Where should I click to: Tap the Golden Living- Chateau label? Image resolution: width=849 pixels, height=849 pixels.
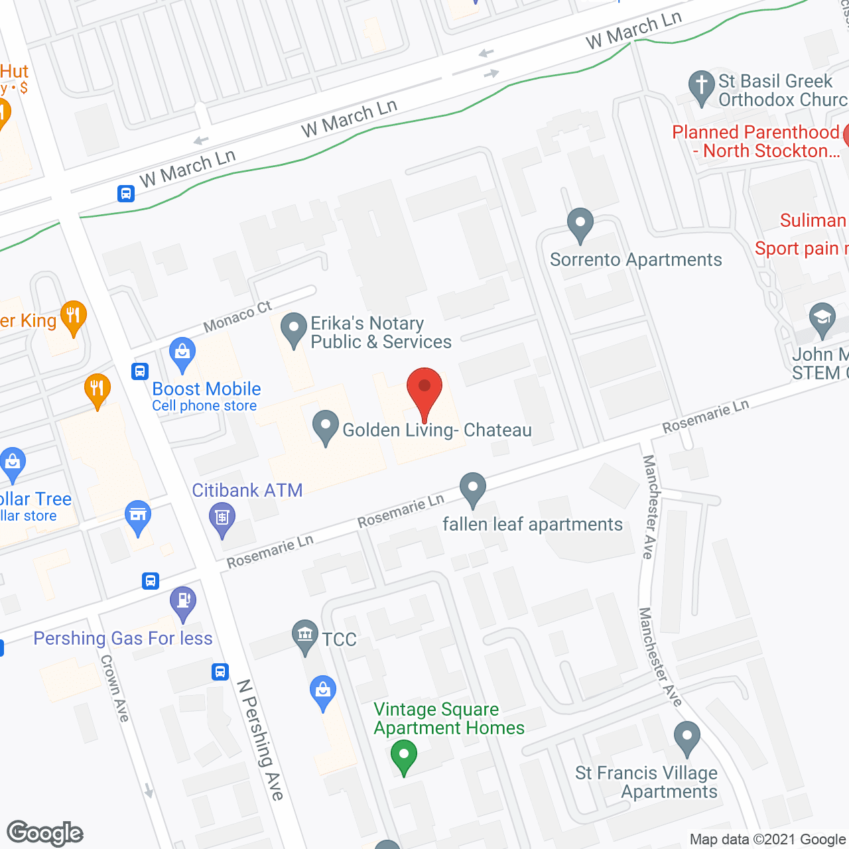tap(436, 430)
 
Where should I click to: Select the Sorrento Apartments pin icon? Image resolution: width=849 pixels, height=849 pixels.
tap(580, 225)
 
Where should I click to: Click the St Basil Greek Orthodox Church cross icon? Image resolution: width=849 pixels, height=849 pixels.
tap(701, 87)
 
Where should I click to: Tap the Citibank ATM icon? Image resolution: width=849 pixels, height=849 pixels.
tap(222, 517)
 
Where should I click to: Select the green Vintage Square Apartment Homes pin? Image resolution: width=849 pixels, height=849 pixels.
tap(403, 755)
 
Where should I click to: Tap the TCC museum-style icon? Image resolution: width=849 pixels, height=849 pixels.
tap(305, 635)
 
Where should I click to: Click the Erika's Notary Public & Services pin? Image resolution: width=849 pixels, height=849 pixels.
tap(293, 329)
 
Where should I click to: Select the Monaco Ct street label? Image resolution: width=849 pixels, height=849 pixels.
tap(237, 316)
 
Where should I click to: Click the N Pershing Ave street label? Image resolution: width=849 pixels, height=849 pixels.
tap(261, 739)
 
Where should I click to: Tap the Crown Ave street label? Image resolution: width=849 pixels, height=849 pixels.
tap(115, 688)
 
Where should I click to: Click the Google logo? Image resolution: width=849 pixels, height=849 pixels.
tap(45, 833)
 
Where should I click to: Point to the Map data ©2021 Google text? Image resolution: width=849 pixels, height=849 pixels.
tap(767, 840)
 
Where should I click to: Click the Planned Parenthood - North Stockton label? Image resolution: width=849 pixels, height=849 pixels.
tap(756, 141)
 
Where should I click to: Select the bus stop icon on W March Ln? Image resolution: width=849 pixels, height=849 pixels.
tap(126, 194)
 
